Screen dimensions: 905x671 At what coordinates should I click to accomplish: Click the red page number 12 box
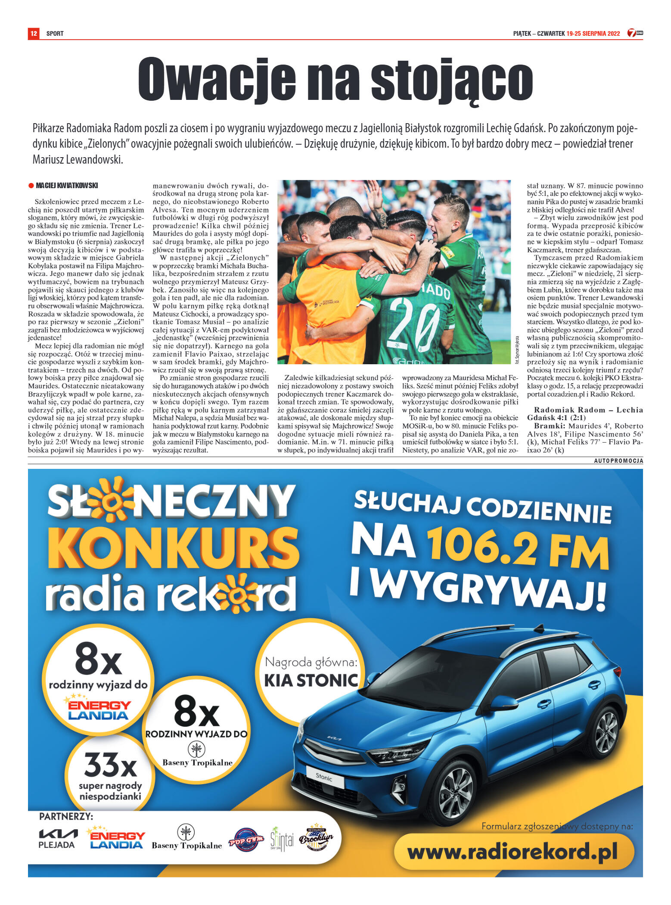pos(34,33)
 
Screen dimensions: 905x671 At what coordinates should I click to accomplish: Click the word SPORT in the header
pos(55,34)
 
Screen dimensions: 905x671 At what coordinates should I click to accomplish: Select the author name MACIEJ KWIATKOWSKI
pos(67,186)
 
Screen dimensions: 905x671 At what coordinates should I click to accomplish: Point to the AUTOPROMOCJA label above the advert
pos(618,461)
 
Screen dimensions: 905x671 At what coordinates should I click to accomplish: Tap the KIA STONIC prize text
pos(311,680)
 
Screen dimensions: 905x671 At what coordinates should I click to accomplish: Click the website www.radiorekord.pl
pos(512,852)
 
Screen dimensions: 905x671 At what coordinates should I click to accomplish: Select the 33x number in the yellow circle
pos(110,764)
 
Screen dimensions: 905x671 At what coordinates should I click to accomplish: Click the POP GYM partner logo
pos(246,840)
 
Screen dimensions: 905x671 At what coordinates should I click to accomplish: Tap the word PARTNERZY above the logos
pos(66,816)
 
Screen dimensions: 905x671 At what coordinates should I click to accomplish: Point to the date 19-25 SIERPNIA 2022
pos(593,34)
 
